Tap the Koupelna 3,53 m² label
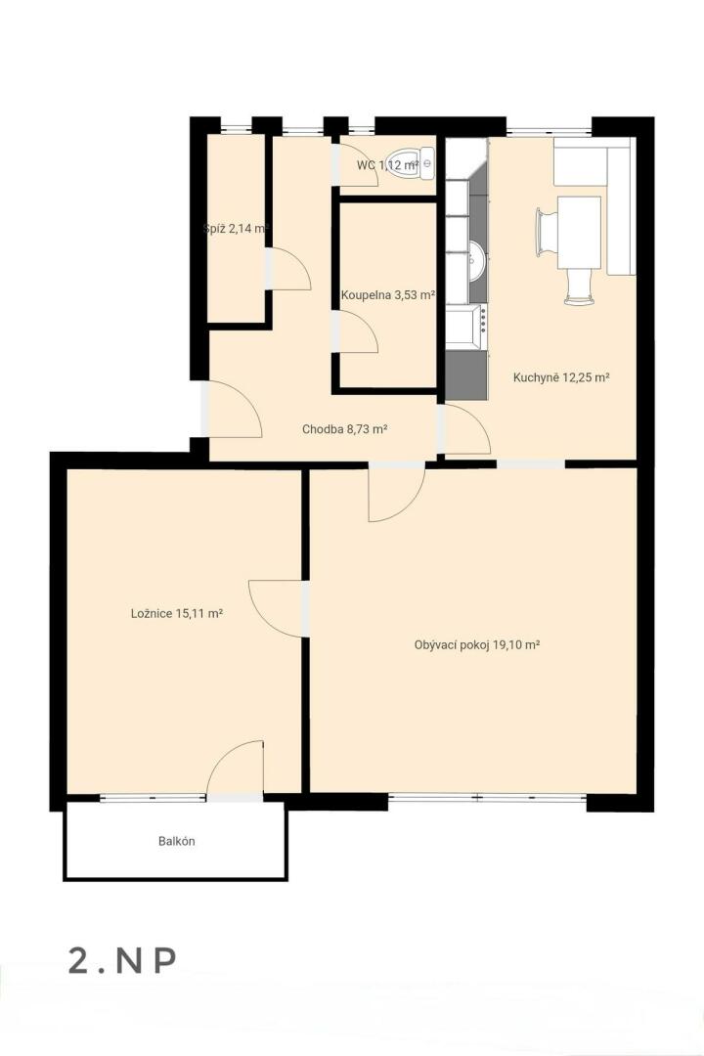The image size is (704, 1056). coord(387,295)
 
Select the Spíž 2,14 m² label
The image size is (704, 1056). coord(237,228)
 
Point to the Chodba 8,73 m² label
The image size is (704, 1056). coord(344,429)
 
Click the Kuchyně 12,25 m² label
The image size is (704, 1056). coord(561,377)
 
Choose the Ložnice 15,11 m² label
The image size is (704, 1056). coord(177,613)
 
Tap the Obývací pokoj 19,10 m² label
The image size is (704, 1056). coord(477,644)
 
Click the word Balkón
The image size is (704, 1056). coord(177,841)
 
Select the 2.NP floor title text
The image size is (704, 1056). coord(122,960)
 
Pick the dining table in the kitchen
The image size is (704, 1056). coord(579,233)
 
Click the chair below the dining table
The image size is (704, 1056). coord(580,286)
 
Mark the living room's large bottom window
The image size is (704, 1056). coord(487,798)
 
